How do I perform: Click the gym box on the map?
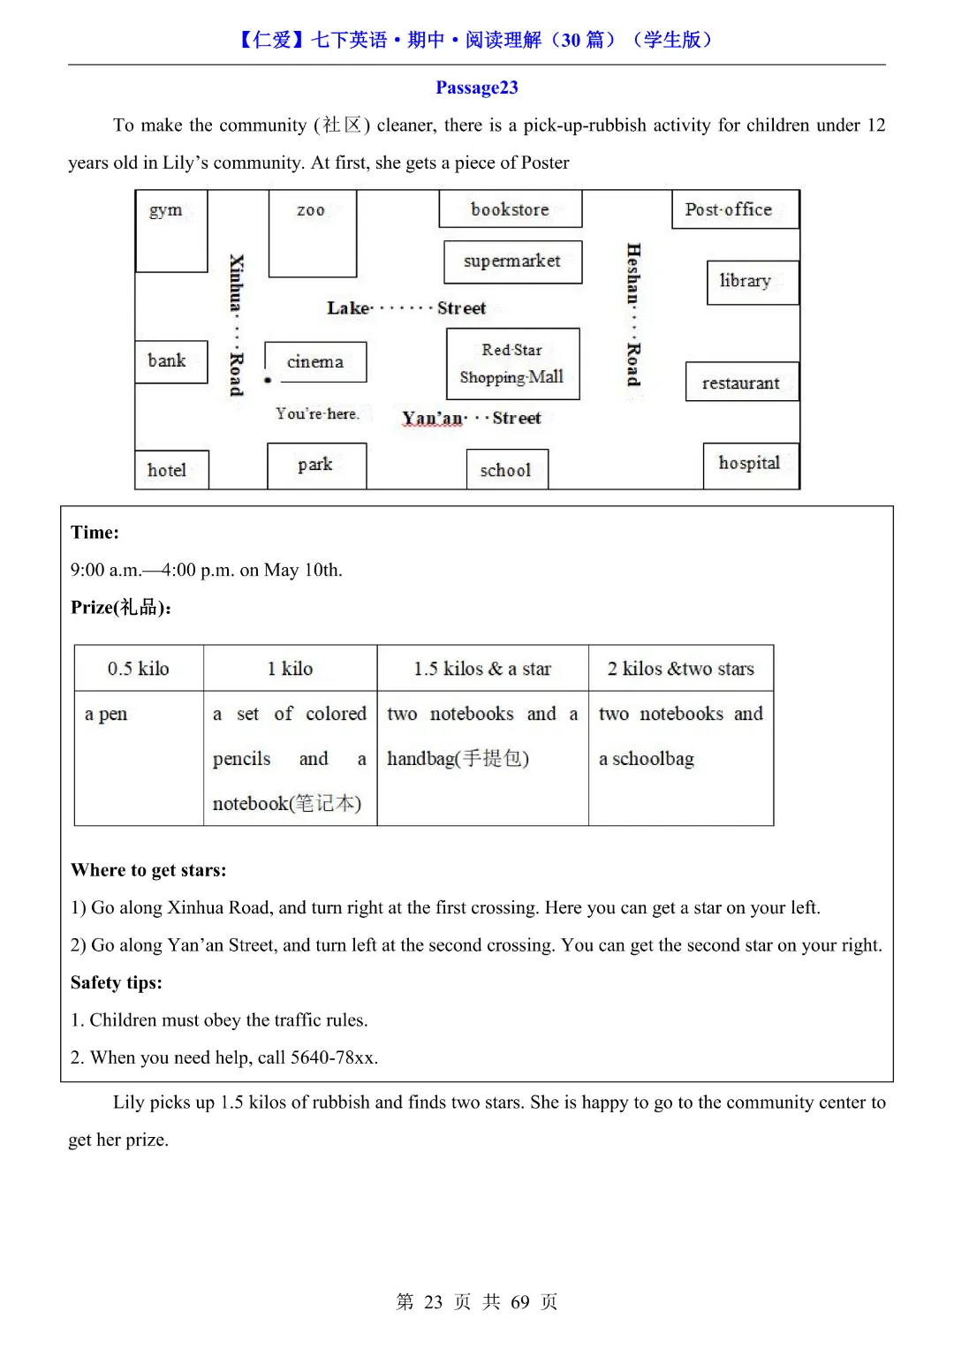coord(171,231)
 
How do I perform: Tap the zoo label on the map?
coord(311,210)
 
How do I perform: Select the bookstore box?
coord(511,209)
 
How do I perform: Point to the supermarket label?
coord(512,261)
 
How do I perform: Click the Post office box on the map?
coord(735,210)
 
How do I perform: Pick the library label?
coord(745,281)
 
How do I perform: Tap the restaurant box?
coord(742,383)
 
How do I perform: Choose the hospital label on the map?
coord(749,463)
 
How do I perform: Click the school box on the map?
coord(507,469)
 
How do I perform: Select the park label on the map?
coord(315,464)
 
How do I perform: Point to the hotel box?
coord(171,470)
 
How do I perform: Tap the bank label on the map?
coord(167,360)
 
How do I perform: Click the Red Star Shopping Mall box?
coord(512,364)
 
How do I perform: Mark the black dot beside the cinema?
coord(268,380)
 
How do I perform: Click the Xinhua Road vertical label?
coord(236,325)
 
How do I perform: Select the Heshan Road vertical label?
coord(633,315)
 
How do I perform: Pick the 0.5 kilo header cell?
coord(139,669)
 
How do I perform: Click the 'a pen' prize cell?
coord(139,758)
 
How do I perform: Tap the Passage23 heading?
coord(477,87)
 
